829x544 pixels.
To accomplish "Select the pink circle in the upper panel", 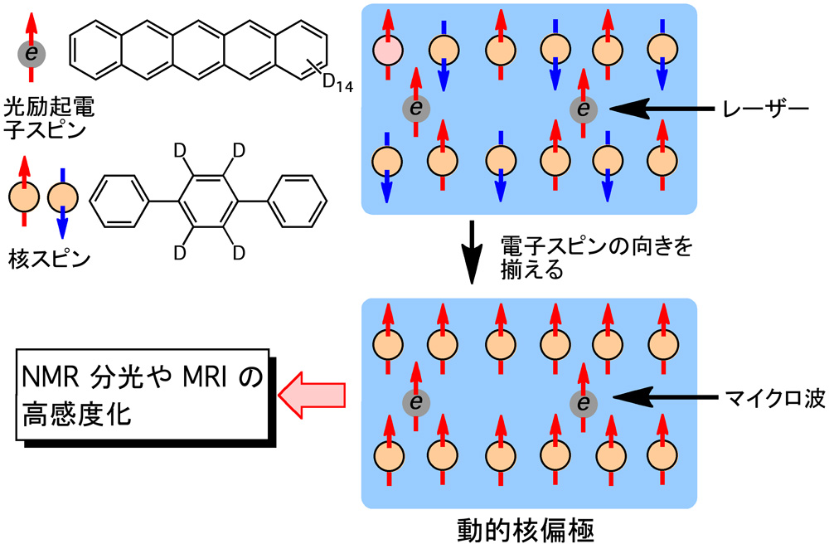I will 388,52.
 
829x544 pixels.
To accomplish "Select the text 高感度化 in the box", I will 82,415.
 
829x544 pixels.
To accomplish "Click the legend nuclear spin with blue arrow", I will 62,199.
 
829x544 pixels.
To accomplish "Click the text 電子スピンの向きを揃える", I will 594,257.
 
